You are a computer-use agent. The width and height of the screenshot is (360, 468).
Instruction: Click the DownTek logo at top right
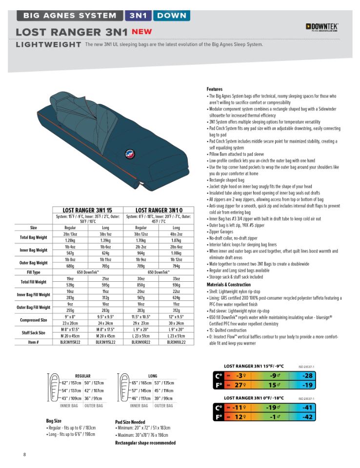pyautogui.click(x=322, y=27)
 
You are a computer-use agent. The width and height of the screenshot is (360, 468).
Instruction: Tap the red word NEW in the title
pyautogui.click(x=141, y=32)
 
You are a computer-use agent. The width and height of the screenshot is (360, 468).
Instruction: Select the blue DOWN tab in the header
pyautogui.click(x=171, y=15)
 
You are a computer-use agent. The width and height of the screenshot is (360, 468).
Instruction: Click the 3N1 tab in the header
pyautogui.click(x=139, y=15)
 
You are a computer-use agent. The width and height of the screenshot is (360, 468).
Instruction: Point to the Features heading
pyautogui.click(x=215, y=89)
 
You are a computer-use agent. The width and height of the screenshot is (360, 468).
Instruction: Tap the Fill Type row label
pyautogui.click(x=34, y=272)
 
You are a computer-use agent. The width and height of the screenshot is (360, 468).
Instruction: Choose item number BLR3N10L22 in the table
pyautogui.click(x=177, y=342)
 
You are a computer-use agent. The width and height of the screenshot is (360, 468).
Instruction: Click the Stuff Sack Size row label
pyautogui.click(x=34, y=333)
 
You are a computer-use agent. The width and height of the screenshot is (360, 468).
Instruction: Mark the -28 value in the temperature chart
pyautogui.click(x=307, y=376)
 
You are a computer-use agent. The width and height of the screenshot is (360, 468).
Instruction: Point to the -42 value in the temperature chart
pyautogui.click(x=307, y=417)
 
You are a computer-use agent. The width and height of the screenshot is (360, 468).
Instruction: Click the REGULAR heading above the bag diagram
pyautogui.click(x=82, y=376)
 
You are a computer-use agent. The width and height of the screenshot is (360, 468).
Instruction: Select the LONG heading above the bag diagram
pyautogui.click(x=152, y=376)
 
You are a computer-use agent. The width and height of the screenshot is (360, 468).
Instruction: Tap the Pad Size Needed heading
pyautogui.click(x=130, y=422)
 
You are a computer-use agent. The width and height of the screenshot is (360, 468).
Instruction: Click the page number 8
pyautogui.click(x=24, y=454)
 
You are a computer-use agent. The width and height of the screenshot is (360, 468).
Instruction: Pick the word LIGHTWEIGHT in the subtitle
pyautogui.click(x=48, y=45)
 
